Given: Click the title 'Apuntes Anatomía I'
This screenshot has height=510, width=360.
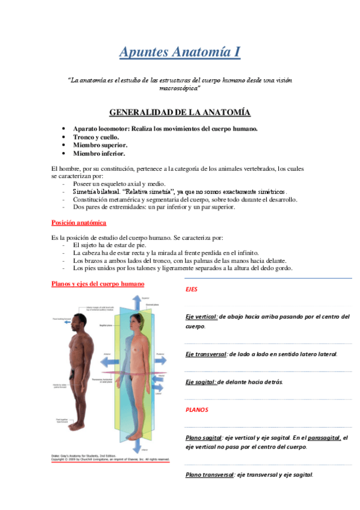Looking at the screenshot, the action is point(180,52).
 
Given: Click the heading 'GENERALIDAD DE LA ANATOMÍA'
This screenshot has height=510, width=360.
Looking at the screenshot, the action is point(180,112).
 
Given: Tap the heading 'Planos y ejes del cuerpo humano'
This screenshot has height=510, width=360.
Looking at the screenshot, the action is point(97,283).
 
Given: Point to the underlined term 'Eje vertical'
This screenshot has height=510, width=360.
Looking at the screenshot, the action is point(201,316).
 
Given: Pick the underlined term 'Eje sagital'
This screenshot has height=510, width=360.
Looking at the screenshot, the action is point(200,382).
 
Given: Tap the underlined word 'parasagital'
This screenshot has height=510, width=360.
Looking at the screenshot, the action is point(324,438).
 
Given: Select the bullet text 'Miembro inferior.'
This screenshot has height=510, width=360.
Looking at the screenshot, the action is point(99,153).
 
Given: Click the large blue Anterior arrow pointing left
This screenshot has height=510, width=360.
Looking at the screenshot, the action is point(109,363).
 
